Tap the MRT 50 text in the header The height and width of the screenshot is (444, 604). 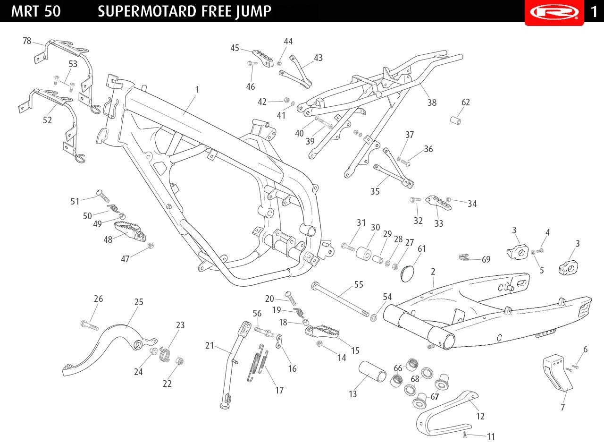[x=36, y=11]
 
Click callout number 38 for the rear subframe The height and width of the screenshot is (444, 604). [x=432, y=102]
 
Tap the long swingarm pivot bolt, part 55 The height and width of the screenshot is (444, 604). [x=340, y=299]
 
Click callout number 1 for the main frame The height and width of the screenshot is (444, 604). [x=197, y=89]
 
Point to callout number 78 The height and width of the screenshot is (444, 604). [x=27, y=41]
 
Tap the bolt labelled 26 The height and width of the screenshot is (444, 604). [x=90, y=325]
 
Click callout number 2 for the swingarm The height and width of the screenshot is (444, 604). [x=433, y=272]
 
